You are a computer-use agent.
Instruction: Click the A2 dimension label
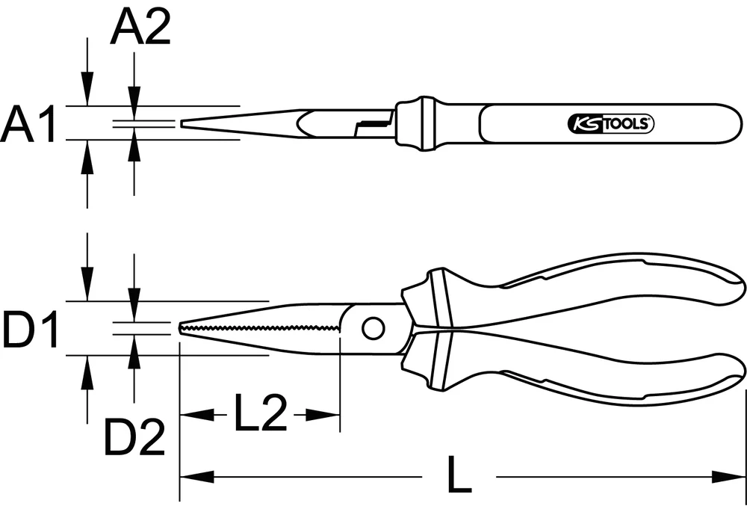140,29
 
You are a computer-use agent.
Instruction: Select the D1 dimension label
31,330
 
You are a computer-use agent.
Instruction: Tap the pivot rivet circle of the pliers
372,327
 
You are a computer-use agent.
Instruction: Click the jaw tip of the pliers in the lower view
181,329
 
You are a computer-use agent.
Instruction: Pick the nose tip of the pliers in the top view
182,123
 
